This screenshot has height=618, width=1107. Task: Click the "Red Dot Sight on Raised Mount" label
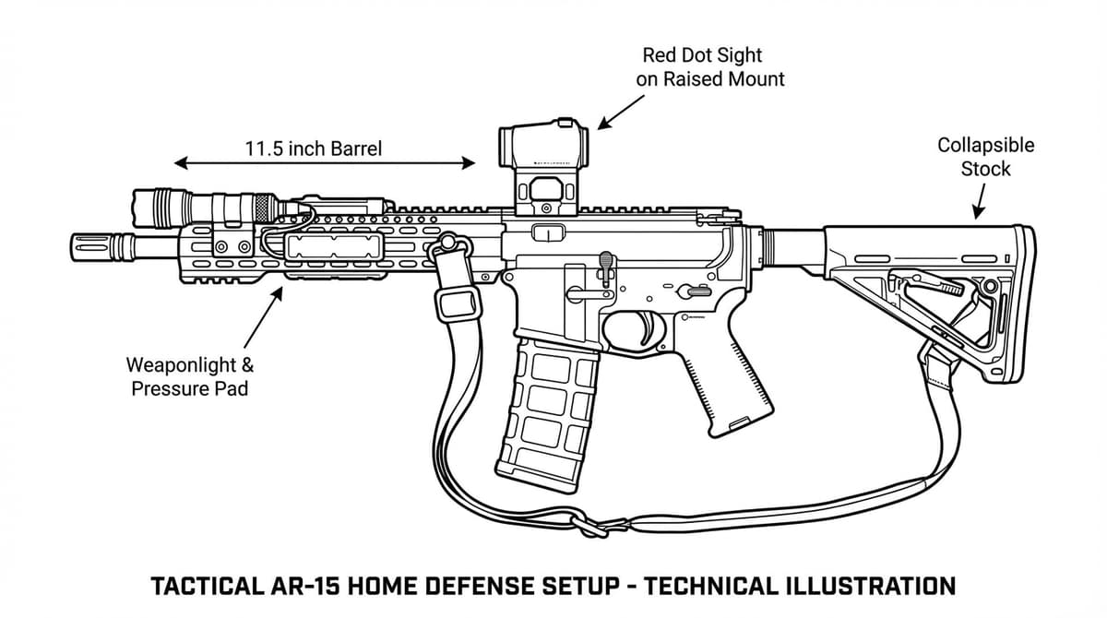[x=710, y=67]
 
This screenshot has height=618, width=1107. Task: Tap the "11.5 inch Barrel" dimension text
[x=313, y=148]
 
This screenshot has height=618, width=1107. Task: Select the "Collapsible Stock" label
[x=985, y=157]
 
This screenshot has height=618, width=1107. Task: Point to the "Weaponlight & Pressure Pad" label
[x=190, y=376]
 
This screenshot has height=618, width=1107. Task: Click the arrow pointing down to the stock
[x=979, y=201]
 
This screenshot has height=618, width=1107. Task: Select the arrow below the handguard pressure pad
[x=262, y=315]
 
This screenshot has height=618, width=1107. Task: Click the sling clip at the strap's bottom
[x=590, y=525]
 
